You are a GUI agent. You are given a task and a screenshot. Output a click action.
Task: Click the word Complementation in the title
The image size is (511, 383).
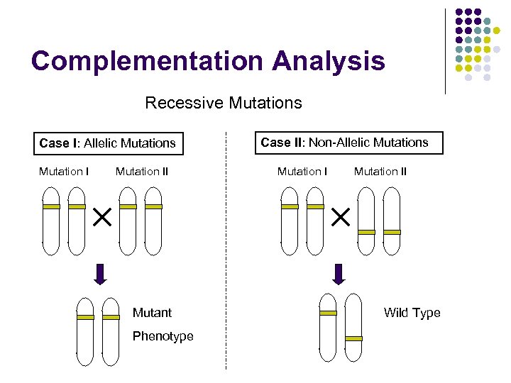[x=135, y=61]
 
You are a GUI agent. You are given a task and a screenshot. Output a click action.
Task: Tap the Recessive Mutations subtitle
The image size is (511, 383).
[x=224, y=103]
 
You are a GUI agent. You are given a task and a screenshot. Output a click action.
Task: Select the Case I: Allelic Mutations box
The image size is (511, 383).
[x=108, y=143]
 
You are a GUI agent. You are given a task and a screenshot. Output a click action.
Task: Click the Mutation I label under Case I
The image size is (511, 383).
[x=64, y=171]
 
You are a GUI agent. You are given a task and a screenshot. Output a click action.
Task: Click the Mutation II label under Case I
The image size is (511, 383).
[x=142, y=171]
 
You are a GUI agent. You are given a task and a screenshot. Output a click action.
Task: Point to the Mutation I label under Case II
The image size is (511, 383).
[x=302, y=171]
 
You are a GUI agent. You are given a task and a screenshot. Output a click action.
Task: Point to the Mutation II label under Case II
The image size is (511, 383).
[x=380, y=171]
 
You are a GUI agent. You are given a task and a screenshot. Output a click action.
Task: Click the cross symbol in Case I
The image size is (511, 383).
[x=102, y=218]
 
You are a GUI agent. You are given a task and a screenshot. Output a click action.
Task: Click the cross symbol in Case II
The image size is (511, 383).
[x=341, y=218]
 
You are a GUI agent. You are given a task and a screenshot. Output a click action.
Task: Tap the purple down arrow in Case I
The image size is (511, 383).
[x=101, y=274]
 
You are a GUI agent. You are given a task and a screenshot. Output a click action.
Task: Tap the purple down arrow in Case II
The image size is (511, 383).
[x=339, y=274]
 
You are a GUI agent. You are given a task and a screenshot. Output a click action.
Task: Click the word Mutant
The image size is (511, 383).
[x=153, y=313]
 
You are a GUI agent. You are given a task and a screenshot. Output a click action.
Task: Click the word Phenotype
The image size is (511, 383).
[x=163, y=336]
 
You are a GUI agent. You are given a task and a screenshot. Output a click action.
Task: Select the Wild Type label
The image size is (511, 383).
[x=412, y=313]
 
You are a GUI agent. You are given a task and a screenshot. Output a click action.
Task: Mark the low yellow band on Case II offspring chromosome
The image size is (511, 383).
[x=353, y=338]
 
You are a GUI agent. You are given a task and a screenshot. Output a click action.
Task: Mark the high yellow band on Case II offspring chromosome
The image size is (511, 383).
[x=328, y=313]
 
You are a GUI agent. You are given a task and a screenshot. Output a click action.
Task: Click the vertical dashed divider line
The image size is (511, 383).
[x=226, y=248]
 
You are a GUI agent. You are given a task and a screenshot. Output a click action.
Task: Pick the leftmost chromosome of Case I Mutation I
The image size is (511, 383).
[x=51, y=220]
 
